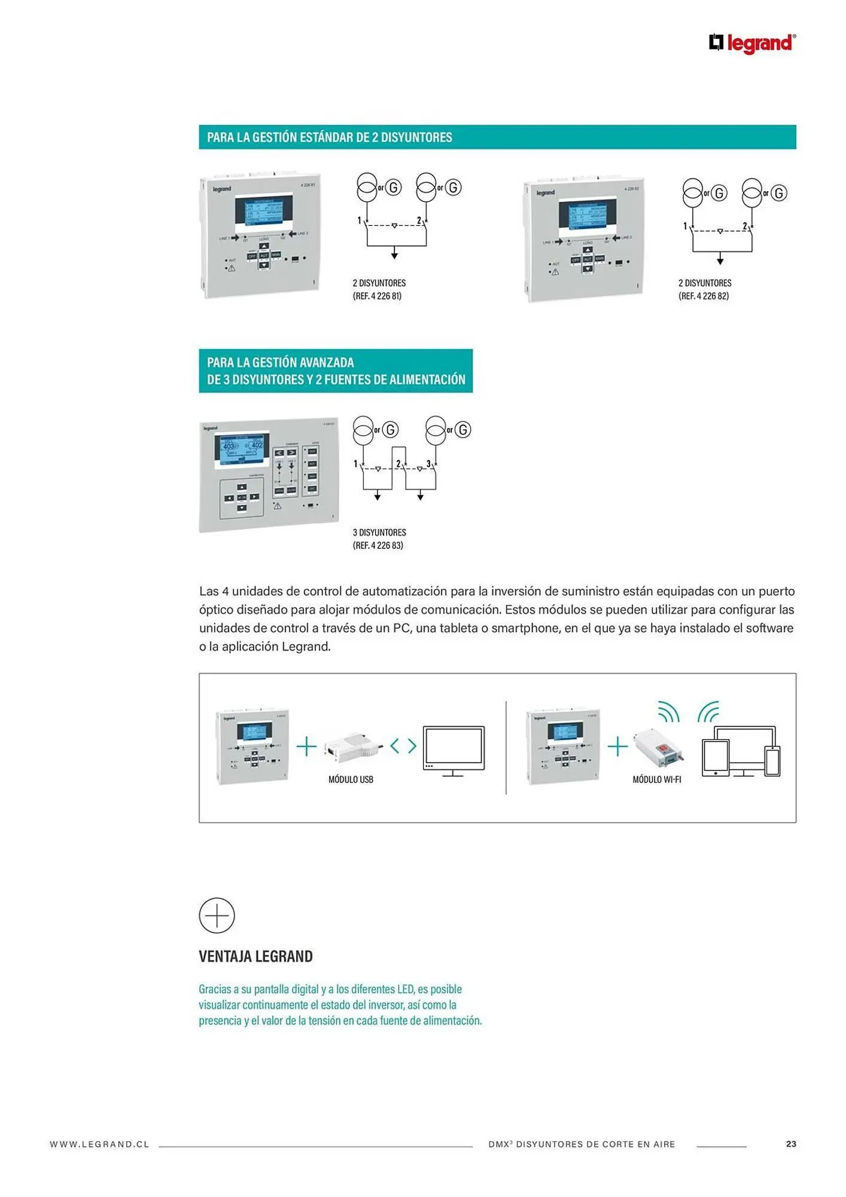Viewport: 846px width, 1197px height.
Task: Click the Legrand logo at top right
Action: point(752,43)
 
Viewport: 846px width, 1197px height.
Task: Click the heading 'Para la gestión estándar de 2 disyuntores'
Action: point(329,137)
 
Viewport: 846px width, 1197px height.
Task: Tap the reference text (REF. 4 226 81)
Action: point(377,296)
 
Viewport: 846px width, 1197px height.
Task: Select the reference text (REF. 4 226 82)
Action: point(703,296)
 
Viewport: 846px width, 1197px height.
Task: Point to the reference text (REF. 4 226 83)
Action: point(378,545)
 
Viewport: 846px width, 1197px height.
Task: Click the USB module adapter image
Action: point(352,746)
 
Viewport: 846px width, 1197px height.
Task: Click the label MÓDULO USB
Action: point(351,779)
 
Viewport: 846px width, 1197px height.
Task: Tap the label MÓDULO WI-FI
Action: point(656,779)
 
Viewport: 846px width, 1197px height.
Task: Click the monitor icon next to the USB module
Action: point(454,749)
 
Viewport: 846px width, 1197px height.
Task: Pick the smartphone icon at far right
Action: point(772,761)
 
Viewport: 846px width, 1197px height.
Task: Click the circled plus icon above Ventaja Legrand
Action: point(217,915)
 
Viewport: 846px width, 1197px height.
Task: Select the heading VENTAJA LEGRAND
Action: point(255,956)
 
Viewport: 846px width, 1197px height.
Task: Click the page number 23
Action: point(791,1144)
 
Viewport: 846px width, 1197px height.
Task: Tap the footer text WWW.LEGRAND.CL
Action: point(99,1144)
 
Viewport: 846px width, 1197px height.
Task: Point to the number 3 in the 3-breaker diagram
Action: point(428,464)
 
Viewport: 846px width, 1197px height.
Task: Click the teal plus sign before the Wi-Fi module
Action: point(617,746)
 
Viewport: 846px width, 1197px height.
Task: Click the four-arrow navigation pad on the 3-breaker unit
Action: point(242,497)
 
